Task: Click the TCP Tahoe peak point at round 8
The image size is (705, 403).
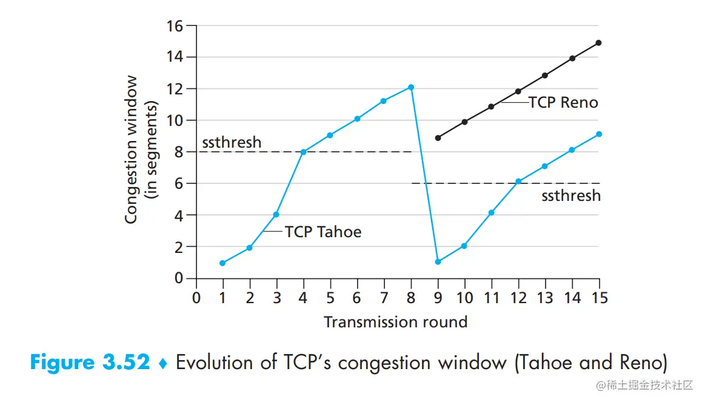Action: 411,87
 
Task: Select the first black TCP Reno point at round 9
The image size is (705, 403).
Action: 438,138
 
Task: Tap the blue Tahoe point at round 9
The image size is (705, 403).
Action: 438,262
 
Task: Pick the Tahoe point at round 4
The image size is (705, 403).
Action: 303,152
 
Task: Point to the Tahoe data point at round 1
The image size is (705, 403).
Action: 222,263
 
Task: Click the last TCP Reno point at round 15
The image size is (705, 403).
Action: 599,43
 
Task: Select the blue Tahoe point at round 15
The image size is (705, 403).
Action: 599,134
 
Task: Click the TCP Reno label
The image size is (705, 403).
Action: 563,103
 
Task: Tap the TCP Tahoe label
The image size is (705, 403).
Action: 323,232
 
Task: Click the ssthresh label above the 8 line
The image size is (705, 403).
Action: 232,142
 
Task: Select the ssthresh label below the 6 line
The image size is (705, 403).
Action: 571,195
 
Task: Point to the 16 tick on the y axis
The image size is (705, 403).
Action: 175,26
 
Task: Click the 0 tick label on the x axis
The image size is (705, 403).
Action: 196,298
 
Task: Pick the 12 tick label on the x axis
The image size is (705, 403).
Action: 518,298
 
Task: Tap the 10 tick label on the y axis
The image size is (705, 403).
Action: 175,120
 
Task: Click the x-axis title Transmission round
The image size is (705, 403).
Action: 396,321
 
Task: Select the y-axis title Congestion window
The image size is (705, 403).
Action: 132,149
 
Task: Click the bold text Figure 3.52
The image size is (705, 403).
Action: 90,363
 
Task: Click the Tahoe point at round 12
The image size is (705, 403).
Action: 518,182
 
